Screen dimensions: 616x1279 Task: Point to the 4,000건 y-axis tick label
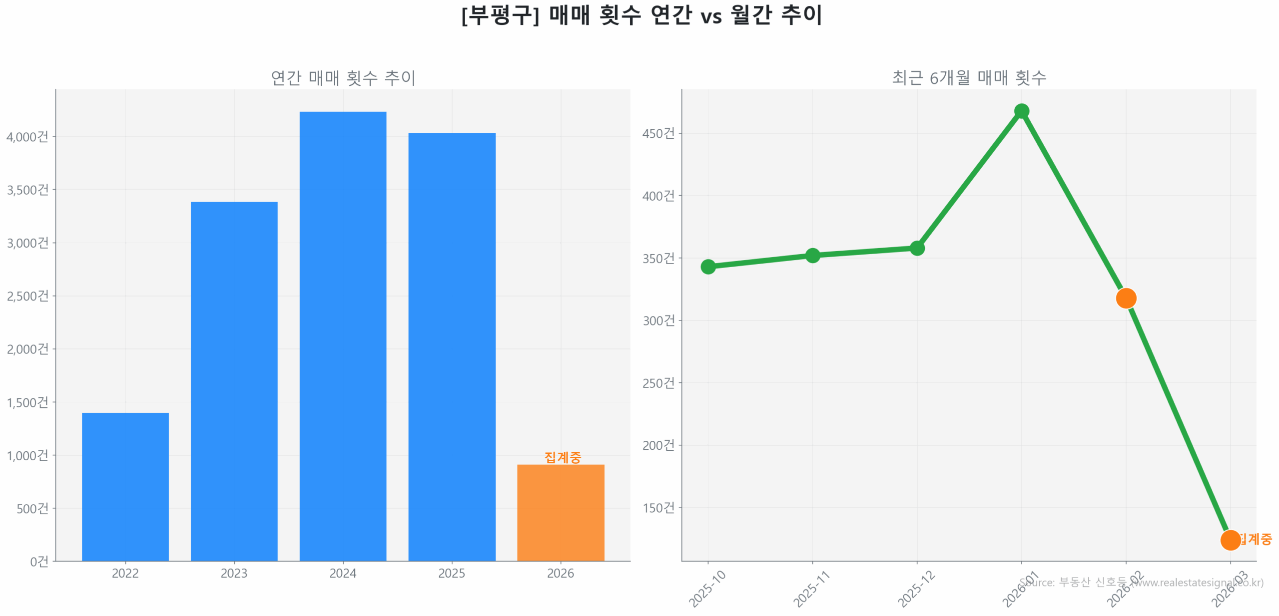point(27,136)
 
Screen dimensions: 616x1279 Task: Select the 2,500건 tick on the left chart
point(27,296)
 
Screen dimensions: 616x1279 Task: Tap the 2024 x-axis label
point(343,573)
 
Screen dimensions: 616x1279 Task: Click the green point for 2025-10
point(708,267)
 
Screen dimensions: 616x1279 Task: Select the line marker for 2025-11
point(812,255)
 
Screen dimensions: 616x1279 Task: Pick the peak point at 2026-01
point(1021,111)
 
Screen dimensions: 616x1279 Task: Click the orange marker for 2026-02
point(1126,298)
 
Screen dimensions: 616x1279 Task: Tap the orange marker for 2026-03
point(1230,540)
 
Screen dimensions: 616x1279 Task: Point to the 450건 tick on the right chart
point(658,133)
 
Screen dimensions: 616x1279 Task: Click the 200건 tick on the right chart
point(658,445)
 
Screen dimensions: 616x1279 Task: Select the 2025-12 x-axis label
point(916,589)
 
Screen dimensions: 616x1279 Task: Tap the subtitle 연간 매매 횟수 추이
point(343,78)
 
